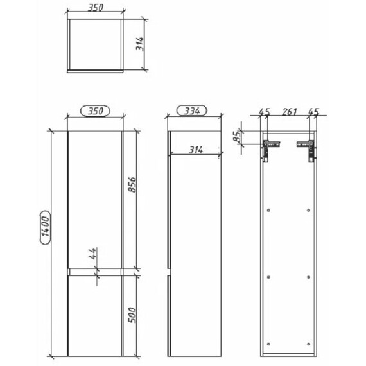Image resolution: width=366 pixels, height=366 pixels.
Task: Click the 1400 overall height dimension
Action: pos(45,227)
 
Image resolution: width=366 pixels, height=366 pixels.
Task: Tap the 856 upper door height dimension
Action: pos(132,185)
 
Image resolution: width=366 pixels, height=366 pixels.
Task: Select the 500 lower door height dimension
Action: pos(132,315)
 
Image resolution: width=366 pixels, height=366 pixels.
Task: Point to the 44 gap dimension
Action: pos(92,254)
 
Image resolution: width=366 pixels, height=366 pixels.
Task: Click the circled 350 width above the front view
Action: pos(95,110)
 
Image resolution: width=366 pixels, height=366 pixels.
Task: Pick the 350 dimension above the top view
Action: pos(95,8)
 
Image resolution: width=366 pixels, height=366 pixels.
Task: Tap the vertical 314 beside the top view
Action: pos(140,44)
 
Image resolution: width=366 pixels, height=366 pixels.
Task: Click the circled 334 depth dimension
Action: pos(192,110)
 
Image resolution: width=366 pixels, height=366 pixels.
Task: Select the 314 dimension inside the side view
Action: pos(196,150)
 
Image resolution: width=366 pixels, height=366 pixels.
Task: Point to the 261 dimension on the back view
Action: pos(289,112)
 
